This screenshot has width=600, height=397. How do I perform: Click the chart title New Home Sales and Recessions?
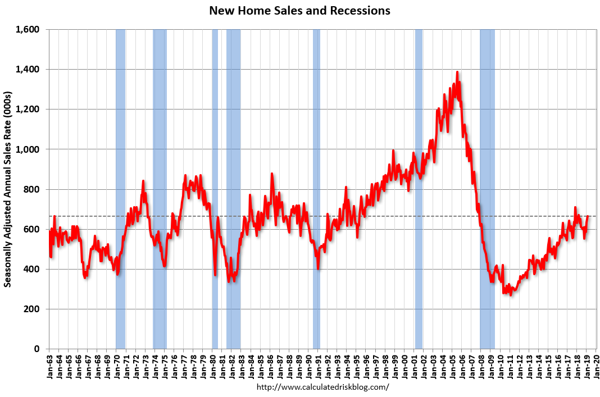(299, 11)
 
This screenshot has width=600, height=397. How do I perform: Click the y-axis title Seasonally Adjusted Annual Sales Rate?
(8, 189)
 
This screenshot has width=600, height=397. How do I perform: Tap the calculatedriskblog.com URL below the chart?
(322, 387)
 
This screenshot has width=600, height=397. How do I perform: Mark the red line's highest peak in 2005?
(457, 72)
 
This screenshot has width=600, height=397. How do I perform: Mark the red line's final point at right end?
(588, 216)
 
